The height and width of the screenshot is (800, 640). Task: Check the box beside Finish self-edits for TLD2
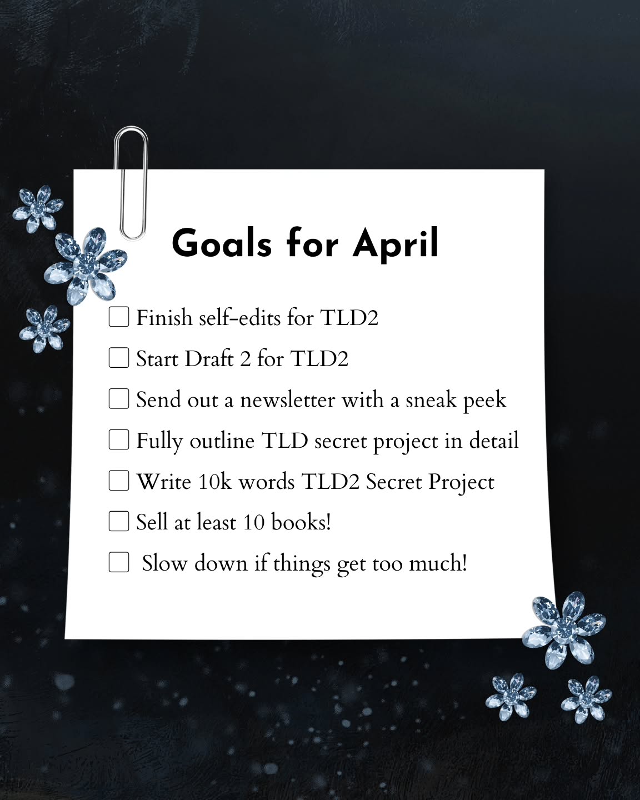pyautogui.click(x=118, y=317)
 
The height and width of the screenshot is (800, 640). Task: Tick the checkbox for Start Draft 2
pyautogui.click(x=118, y=358)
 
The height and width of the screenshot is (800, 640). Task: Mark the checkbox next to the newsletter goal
pyautogui.click(x=118, y=398)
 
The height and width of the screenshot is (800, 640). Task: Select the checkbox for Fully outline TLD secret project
pyautogui.click(x=118, y=439)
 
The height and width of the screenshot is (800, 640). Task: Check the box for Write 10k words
pyautogui.click(x=118, y=481)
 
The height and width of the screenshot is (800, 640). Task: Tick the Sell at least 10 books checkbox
pyautogui.click(x=118, y=521)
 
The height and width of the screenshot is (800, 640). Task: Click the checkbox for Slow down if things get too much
pyautogui.click(x=118, y=562)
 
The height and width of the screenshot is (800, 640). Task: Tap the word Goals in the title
pyautogui.click(x=222, y=243)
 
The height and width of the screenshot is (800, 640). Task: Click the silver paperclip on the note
pyautogui.click(x=131, y=183)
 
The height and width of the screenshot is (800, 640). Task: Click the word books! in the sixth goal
pyautogui.click(x=301, y=522)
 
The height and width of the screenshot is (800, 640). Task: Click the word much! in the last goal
pyautogui.click(x=438, y=563)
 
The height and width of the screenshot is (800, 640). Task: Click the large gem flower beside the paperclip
pyautogui.click(x=86, y=264)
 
